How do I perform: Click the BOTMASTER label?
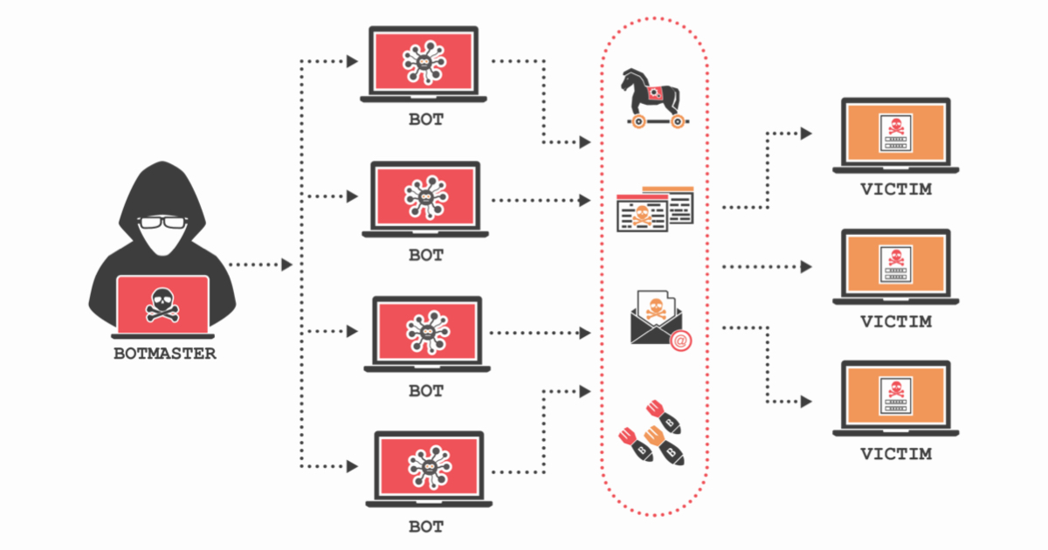[164, 354]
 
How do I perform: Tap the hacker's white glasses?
[163, 224]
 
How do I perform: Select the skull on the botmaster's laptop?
[163, 302]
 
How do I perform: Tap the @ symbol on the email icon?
[679, 341]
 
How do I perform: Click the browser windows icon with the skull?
[655, 209]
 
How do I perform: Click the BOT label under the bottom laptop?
[426, 526]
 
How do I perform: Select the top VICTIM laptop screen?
[895, 132]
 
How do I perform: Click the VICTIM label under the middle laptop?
[895, 321]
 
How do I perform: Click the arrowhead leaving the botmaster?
[286, 265]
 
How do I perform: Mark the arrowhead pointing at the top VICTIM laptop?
[806, 133]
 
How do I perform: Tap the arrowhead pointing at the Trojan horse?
[584, 141]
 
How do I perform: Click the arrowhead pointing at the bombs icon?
[584, 389]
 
